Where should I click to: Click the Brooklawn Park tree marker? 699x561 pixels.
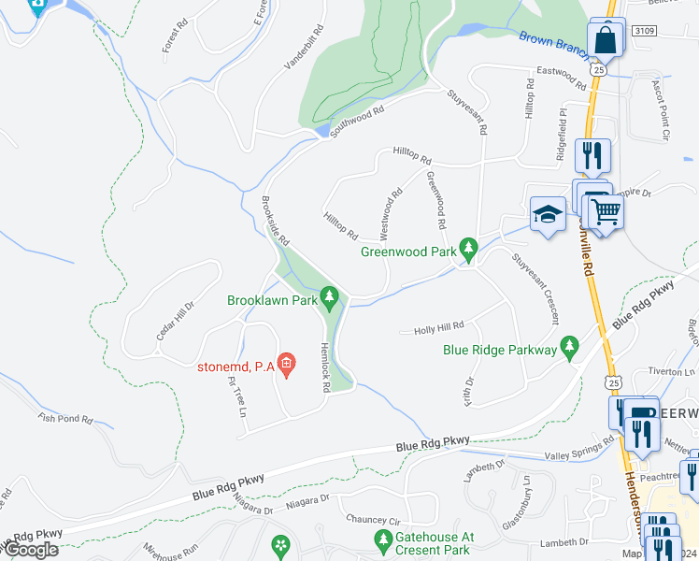click(328, 297)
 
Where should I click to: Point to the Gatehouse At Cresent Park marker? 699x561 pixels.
click(382, 539)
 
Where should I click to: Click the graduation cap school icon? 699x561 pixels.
click(548, 213)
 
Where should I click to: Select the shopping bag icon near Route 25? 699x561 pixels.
click(606, 40)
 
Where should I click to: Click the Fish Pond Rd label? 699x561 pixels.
click(65, 419)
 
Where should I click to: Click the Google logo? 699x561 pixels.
click(30, 550)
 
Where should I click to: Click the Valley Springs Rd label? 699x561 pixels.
click(579, 449)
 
